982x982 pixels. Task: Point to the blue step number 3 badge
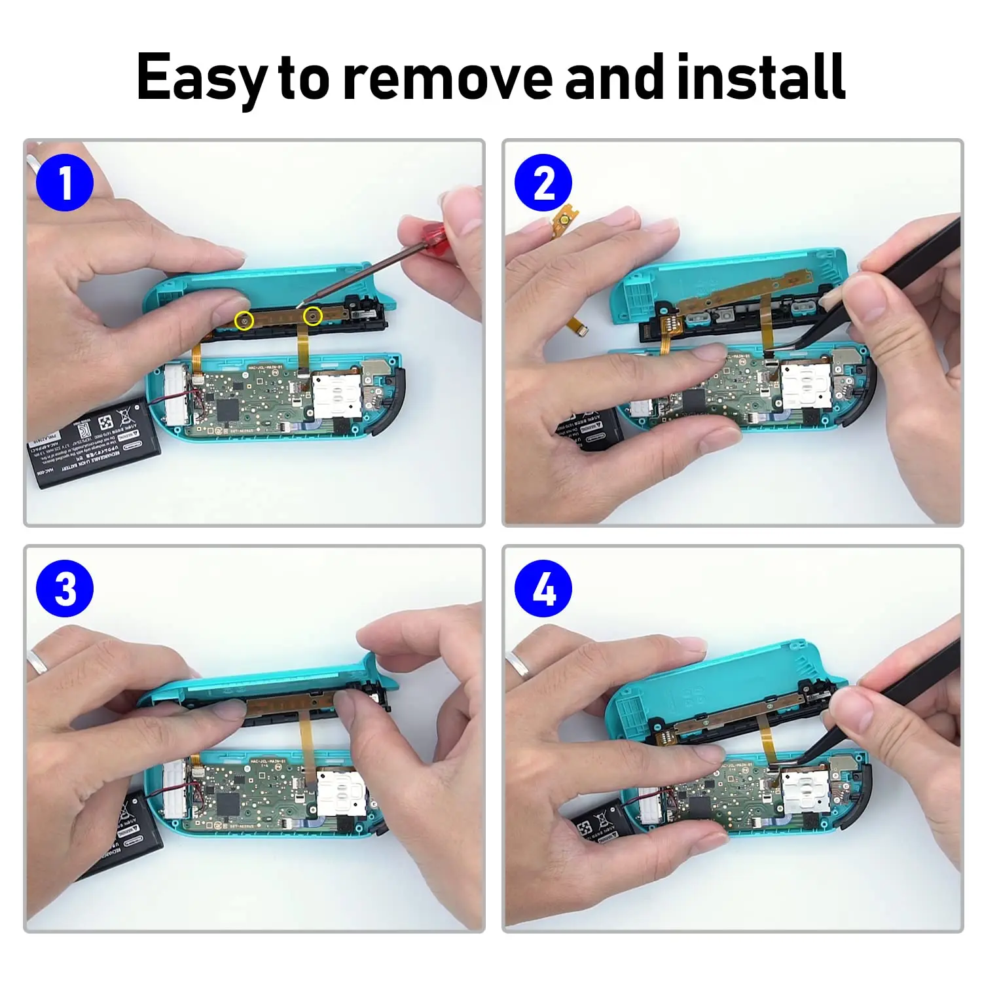[64, 588]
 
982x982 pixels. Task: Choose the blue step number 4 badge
[543, 588]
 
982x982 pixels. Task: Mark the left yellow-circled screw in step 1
[244, 320]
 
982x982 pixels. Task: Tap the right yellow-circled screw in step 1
[314, 317]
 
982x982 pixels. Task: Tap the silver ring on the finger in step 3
[37, 663]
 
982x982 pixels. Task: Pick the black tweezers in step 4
[897, 694]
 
